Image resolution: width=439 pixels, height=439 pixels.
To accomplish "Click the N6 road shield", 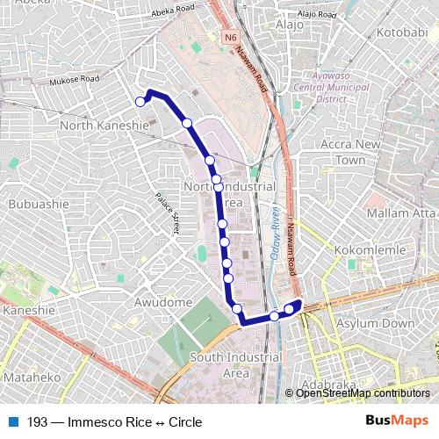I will (x=230, y=38).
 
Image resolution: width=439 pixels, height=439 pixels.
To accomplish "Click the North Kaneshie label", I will (x=103, y=126).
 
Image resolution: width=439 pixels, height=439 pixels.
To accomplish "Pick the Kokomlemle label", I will (x=368, y=250).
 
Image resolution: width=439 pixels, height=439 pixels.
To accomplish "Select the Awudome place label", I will (x=162, y=302).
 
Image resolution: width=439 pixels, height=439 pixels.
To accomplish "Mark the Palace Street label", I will (x=167, y=213).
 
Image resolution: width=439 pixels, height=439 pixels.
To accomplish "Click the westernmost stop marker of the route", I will (x=140, y=102).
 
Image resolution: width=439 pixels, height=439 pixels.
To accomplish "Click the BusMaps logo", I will (x=397, y=422).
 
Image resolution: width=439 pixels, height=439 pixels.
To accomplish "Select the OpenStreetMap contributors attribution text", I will (x=363, y=393).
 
